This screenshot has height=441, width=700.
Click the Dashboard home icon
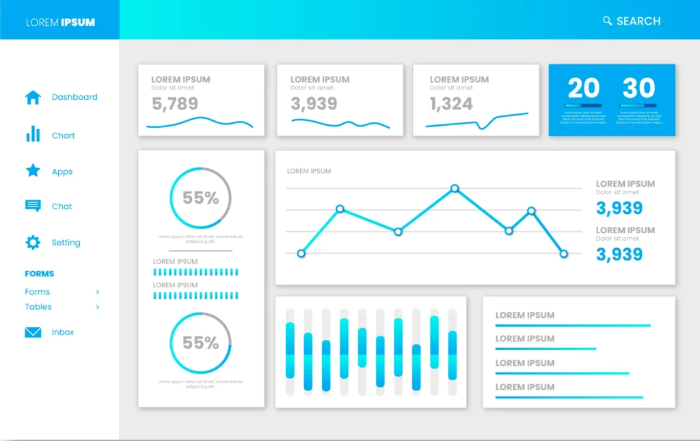click(x=33, y=97)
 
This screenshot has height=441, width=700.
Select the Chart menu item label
click(x=64, y=135)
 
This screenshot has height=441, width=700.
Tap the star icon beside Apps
click(x=33, y=171)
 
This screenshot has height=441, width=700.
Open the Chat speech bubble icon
click(x=33, y=206)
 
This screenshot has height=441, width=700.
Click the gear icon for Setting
click(x=33, y=242)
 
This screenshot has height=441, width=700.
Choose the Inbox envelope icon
click(x=33, y=332)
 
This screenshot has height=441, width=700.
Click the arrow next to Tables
click(x=98, y=307)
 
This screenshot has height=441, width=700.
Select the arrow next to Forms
click(x=98, y=292)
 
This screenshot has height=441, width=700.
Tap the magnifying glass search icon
click(x=607, y=21)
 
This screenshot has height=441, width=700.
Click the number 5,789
click(x=175, y=104)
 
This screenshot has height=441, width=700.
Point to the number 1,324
click(x=451, y=104)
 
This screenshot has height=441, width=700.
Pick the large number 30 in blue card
click(x=638, y=88)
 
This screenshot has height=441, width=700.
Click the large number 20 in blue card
click(x=584, y=88)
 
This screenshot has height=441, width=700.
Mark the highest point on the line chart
click(x=455, y=187)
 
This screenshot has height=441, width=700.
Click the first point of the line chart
click(x=301, y=253)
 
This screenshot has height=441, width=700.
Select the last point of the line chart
click(x=564, y=254)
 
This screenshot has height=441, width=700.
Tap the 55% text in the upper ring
click(x=200, y=198)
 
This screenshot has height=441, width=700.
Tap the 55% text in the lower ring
click(x=200, y=343)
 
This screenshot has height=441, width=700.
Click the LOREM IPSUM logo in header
click(x=60, y=23)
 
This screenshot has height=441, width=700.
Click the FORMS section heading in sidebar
click(x=40, y=273)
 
